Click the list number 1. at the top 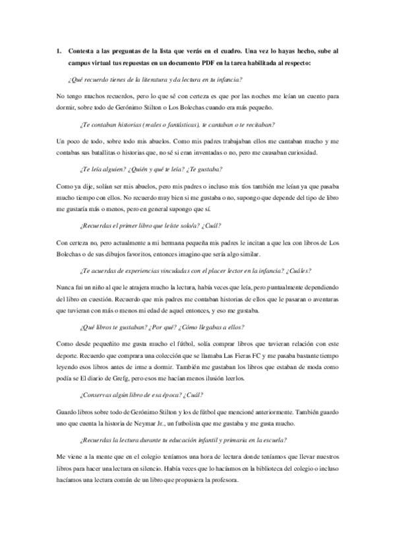59,51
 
